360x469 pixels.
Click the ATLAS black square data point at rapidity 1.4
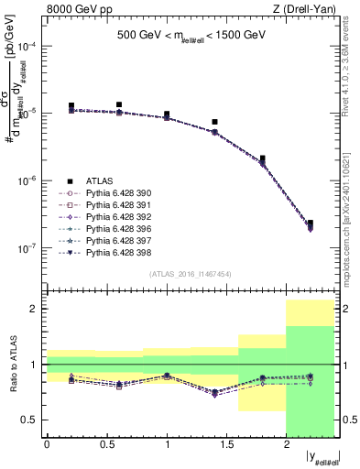tap(214, 122)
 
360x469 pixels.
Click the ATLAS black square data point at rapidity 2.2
tap(310, 223)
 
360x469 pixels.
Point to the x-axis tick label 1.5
tap(226, 444)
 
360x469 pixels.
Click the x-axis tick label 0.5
tap(106, 444)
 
